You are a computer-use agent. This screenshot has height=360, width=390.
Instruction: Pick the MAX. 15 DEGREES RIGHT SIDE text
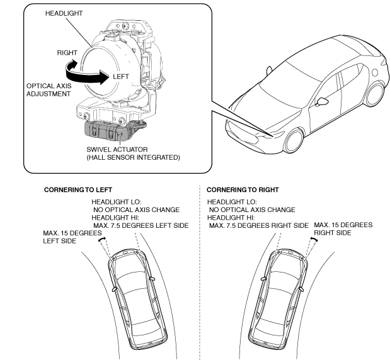(x=343, y=228)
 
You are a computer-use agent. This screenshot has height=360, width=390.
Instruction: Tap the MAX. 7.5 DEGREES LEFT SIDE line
(x=141, y=225)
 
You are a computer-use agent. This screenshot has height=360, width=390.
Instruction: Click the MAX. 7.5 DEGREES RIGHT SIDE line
(x=258, y=225)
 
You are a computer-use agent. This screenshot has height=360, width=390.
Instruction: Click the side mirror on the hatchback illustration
(x=323, y=101)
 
